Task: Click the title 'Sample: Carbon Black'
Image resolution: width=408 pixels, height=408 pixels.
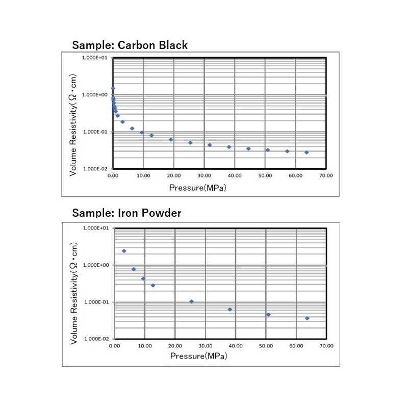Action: click(130, 45)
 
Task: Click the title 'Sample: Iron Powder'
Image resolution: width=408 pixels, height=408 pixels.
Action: click(126, 213)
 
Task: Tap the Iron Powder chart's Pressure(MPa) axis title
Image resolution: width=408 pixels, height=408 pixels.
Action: click(199, 356)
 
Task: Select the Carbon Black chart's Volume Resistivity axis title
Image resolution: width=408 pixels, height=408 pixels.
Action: click(73, 125)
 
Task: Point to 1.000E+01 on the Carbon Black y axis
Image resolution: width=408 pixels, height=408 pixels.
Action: click(95, 58)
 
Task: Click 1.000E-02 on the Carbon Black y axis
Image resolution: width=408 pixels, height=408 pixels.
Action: click(95, 169)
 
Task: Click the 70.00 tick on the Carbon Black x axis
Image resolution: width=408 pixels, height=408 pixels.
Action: click(326, 175)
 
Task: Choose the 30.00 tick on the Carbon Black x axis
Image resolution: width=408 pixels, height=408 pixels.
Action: click(204, 175)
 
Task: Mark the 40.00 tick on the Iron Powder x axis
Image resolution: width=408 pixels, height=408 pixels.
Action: click(236, 346)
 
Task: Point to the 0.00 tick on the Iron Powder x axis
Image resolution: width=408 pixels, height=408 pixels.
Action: click(114, 346)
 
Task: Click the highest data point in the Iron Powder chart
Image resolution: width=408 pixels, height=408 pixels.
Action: click(124, 251)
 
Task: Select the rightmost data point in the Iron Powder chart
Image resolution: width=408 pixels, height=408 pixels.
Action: click(307, 318)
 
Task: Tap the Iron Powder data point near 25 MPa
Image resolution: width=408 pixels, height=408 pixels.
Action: click(191, 301)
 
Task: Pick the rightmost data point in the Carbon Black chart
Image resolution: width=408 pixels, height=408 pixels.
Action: click(307, 152)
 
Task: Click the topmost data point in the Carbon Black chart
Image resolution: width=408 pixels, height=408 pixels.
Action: click(113, 88)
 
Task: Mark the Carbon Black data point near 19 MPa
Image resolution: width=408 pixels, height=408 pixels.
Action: click(171, 139)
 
